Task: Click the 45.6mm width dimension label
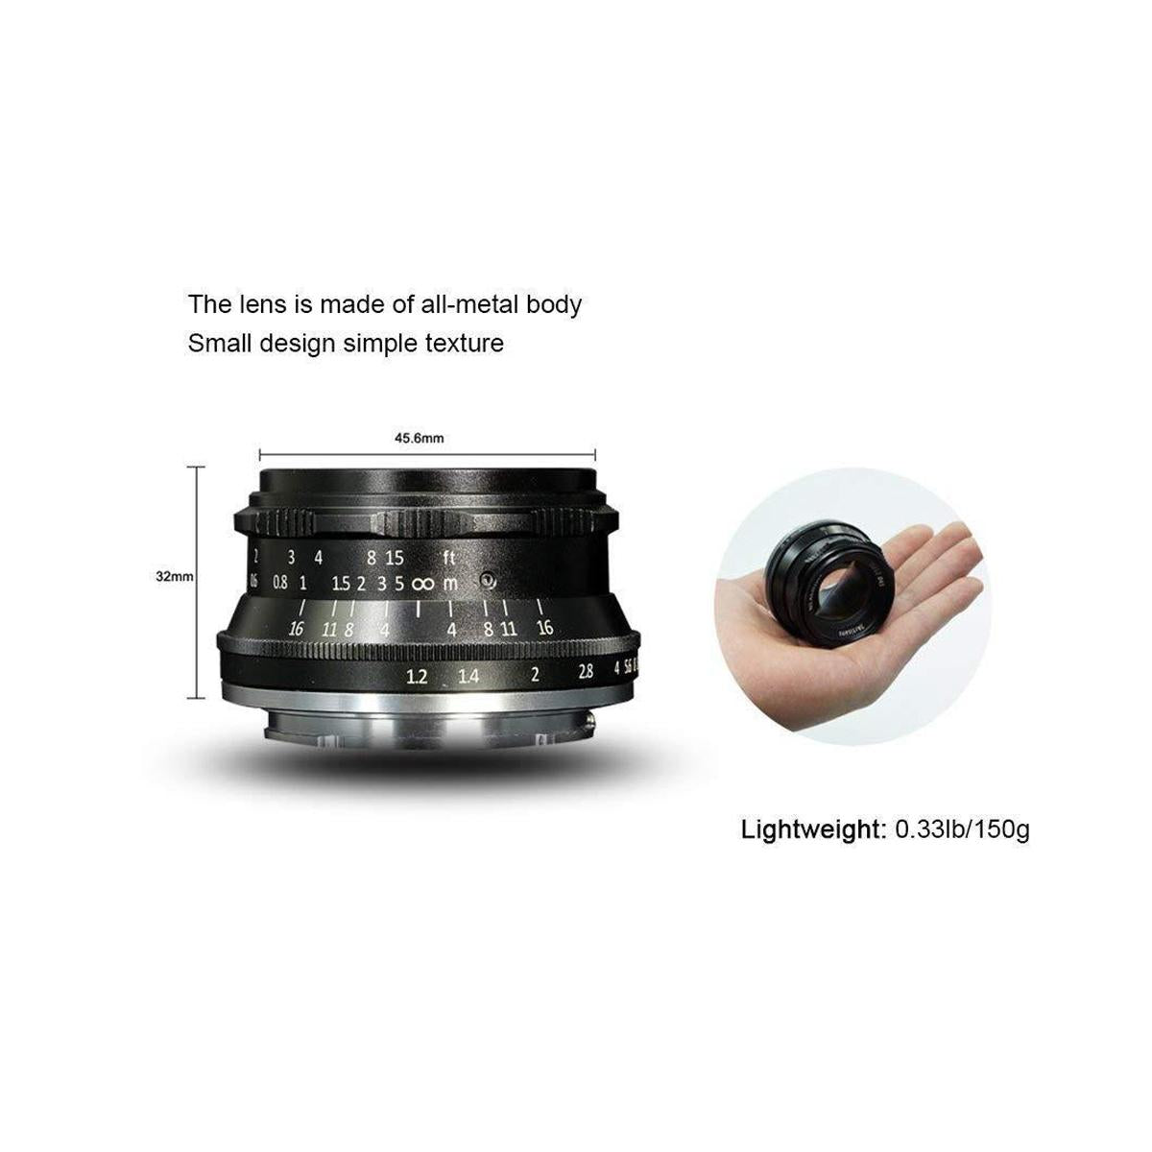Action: pyautogui.click(x=420, y=438)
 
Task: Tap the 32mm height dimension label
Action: pyautogui.click(x=175, y=577)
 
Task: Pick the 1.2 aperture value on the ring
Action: pyautogui.click(x=417, y=676)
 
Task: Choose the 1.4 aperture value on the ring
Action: pyautogui.click(x=468, y=676)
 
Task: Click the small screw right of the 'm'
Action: pyautogui.click(x=488, y=581)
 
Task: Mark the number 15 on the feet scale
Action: pyautogui.click(x=395, y=557)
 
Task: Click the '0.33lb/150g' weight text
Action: pyautogui.click(x=961, y=828)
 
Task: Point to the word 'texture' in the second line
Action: pyautogui.click(x=463, y=343)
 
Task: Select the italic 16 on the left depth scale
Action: pyautogui.click(x=297, y=629)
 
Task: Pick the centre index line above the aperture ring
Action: pyautogui.click(x=420, y=611)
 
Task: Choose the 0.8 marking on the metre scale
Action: pyautogui.click(x=279, y=583)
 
